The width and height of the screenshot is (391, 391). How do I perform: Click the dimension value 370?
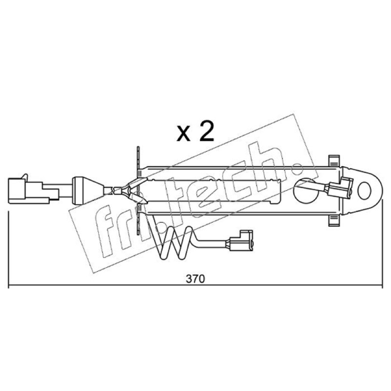(195, 279)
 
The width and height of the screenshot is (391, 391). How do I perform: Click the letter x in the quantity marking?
(183, 135)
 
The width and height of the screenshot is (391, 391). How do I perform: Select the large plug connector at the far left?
(33, 191)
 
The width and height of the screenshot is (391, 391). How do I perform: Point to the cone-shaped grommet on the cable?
(88, 191)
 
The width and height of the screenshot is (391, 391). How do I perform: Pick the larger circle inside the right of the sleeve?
(306, 191)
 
